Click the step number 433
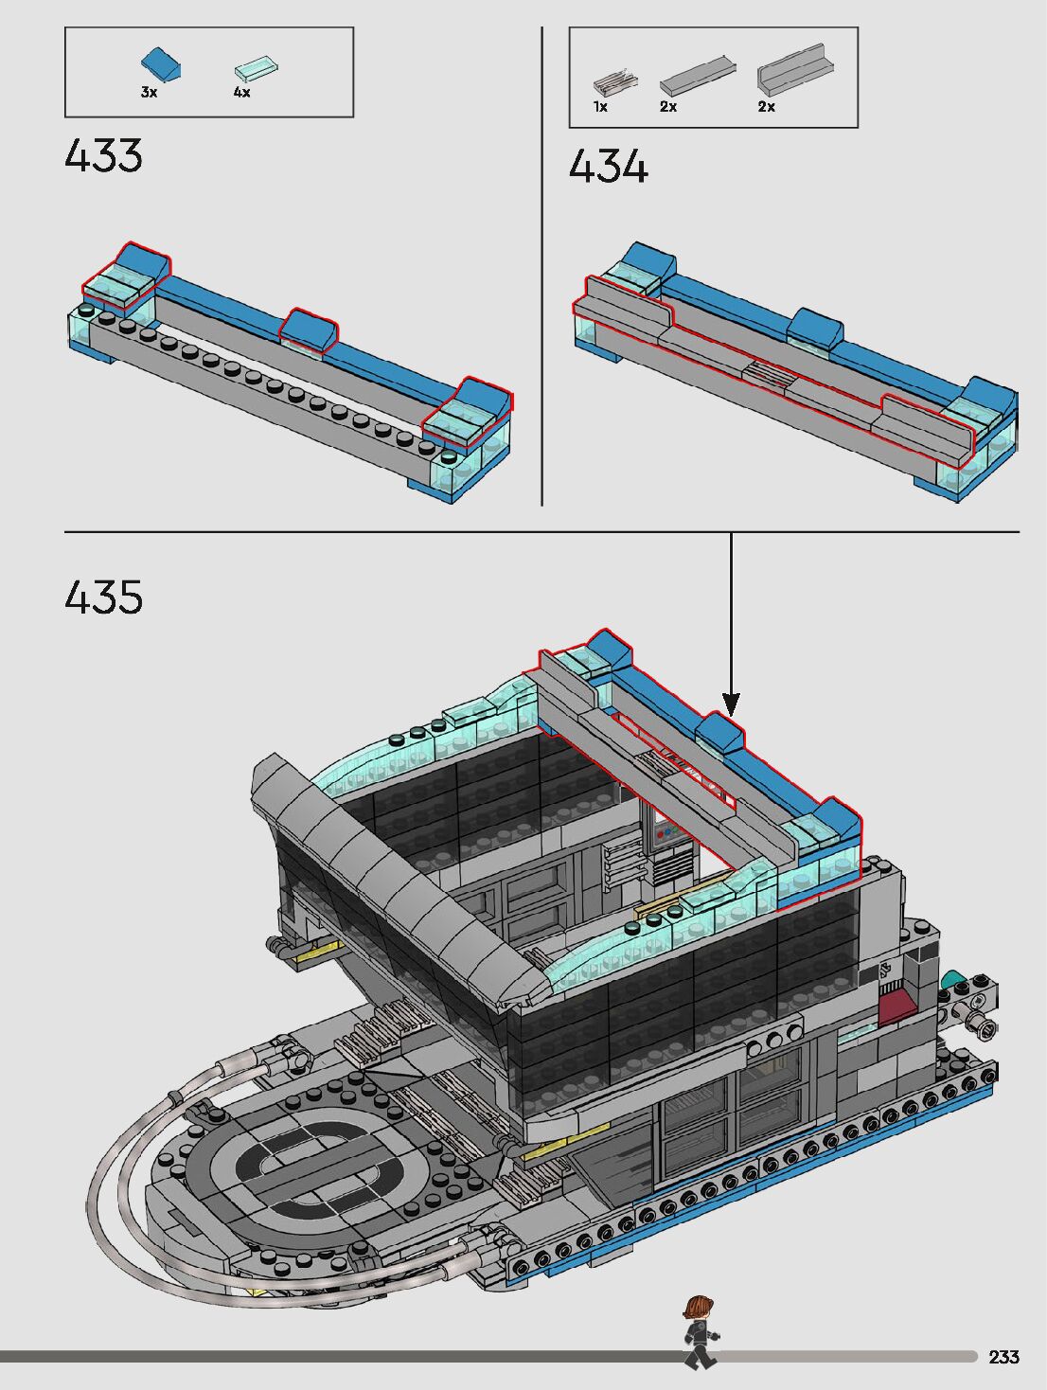pos(104,155)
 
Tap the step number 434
pos(609,166)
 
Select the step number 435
pos(104,597)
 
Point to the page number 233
pos(1004,1357)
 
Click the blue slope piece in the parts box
pos(161,64)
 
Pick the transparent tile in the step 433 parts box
pos(257,68)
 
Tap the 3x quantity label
pos(149,93)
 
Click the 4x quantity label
pos(241,93)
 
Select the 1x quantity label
pos(600,107)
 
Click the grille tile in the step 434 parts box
pos(614,83)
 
